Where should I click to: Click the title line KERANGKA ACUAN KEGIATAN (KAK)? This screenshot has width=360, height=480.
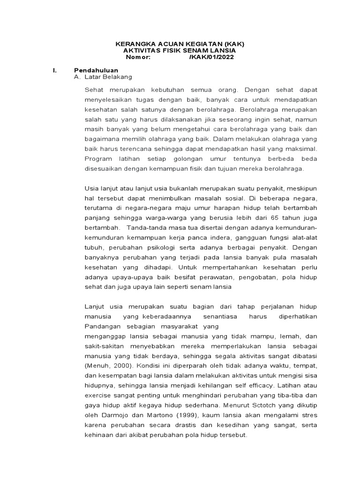(x=180, y=44)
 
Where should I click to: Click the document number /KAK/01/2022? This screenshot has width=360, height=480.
(x=211, y=57)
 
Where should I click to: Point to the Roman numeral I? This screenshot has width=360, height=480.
(x=54, y=70)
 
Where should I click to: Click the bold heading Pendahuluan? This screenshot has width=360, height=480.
(x=96, y=70)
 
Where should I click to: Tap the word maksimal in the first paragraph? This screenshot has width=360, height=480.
(x=301, y=149)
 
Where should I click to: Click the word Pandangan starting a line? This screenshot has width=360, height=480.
(x=103, y=326)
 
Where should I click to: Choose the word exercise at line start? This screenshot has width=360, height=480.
(x=98, y=395)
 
